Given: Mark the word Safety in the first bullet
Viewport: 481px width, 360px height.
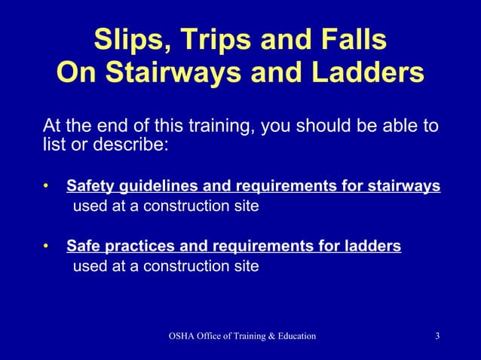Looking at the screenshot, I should point(90,186).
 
